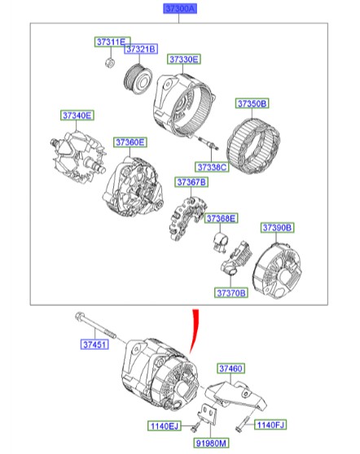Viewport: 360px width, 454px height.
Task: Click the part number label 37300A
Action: pos(179,9)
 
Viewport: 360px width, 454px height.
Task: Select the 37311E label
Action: pos(108,41)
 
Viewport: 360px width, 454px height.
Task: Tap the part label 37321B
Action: pos(140,50)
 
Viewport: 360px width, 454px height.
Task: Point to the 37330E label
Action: pos(184,59)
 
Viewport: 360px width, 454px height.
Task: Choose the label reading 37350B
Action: pos(252,104)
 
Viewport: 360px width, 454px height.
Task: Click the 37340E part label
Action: pos(77,116)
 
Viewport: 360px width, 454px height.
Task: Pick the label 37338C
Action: pos(213,167)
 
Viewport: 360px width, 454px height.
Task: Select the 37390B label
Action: pos(277,227)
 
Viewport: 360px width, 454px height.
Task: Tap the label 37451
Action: pos(94,345)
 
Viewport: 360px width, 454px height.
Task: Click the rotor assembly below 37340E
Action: pos(76,158)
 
